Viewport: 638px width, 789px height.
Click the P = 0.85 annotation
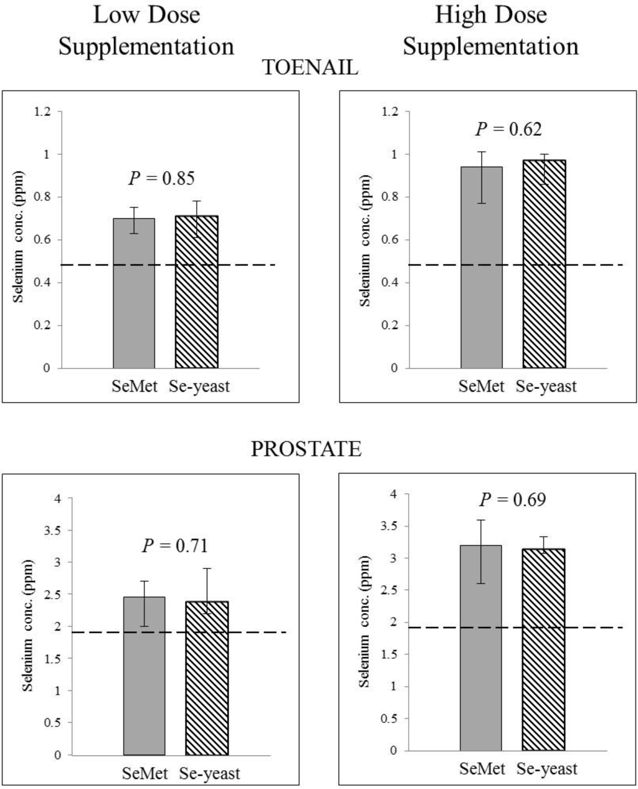tap(161, 178)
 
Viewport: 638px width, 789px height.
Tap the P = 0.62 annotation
tap(508, 129)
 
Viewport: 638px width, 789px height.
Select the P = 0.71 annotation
tap(174, 546)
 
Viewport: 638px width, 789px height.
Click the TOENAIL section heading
tap(310, 67)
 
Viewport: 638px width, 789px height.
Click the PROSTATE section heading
tap(306, 449)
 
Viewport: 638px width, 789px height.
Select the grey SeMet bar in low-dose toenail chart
tap(134, 293)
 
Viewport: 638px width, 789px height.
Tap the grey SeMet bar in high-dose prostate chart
tap(481, 648)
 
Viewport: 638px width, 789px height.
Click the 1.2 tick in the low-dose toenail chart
tap(44, 112)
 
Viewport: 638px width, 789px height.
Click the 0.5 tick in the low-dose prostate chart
tap(54, 722)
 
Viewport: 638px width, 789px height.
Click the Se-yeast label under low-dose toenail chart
tap(199, 386)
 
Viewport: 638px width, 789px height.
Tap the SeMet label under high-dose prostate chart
tap(482, 768)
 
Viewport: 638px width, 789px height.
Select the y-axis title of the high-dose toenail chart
tap(366, 240)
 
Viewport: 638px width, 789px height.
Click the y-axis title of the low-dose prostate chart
tap(28, 625)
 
